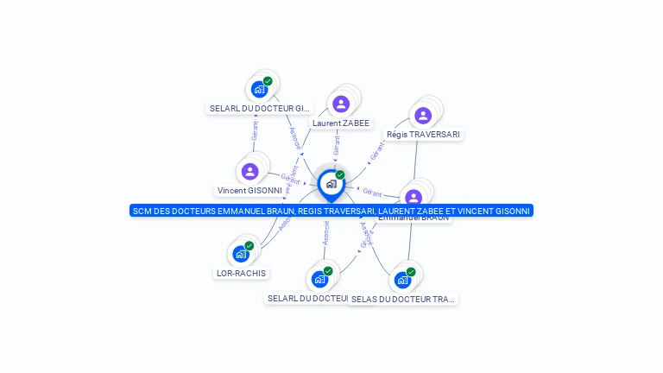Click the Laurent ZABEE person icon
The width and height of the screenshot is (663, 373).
point(341,104)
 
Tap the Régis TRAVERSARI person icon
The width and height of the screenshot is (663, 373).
point(422,115)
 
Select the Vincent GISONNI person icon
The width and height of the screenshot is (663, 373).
point(250,171)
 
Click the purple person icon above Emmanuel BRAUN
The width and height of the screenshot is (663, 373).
point(414,197)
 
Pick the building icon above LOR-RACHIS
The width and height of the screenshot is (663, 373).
point(241,254)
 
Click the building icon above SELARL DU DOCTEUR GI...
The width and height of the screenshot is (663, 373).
point(259,89)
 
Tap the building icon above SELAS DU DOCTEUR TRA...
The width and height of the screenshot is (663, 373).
point(402,280)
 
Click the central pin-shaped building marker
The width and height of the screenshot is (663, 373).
point(331,184)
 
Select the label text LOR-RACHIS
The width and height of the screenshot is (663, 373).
point(242,273)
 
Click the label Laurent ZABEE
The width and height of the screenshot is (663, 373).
point(341,123)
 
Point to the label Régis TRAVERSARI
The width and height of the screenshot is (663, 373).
point(423,135)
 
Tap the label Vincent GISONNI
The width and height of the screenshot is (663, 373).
point(250,191)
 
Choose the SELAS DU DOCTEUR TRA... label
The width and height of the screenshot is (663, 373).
point(403,299)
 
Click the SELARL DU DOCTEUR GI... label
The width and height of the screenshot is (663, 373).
point(260,109)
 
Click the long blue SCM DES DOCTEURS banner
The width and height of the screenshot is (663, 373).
point(331,211)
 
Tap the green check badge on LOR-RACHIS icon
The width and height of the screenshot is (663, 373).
point(249,246)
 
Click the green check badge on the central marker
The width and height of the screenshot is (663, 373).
point(340,175)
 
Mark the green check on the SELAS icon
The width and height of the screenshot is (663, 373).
point(411,272)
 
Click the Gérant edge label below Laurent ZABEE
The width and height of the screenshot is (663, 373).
point(336,145)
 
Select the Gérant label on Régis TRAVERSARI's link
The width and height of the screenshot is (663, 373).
point(376,150)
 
